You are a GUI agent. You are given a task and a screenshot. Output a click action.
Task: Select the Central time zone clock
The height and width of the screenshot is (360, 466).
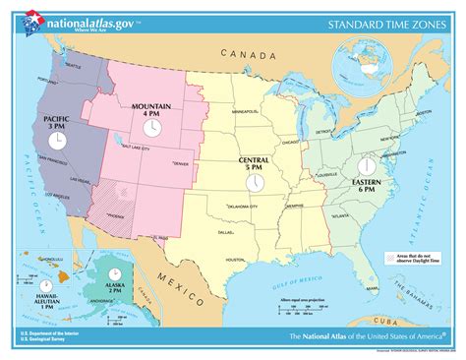click(x=255, y=182)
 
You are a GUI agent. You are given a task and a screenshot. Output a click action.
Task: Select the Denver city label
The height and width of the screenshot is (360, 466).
click(x=181, y=163)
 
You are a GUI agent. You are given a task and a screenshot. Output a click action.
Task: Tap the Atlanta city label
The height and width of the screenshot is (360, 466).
click(x=343, y=216)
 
